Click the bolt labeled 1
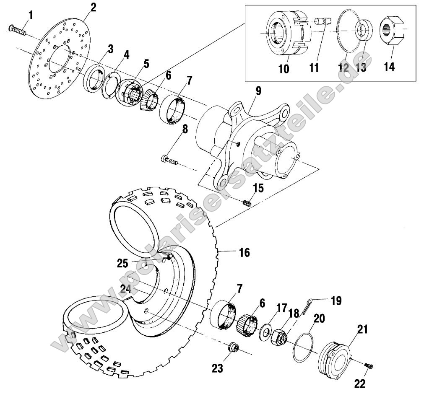(x=17, y=29)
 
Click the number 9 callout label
(x=258, y=91)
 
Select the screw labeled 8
(x=169, y=160)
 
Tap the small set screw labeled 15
(x=247, y=203)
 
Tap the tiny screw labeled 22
(x=369, y=366)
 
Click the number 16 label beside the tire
(x=244, y=252)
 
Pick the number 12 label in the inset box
(x=343, y=68)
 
